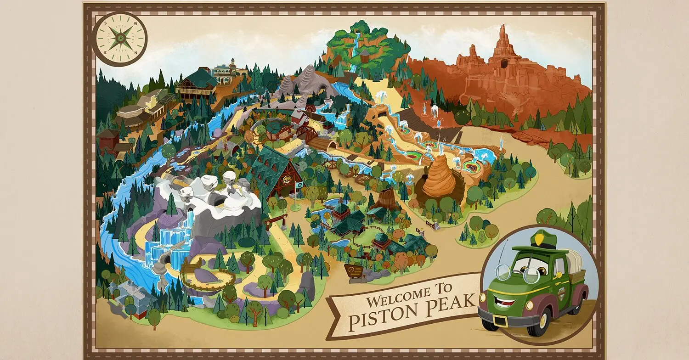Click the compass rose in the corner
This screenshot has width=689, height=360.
(x=120, y=39)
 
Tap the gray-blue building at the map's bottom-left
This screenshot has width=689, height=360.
(x=123, y=294)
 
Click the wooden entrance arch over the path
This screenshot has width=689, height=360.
(x=275, y=222)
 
